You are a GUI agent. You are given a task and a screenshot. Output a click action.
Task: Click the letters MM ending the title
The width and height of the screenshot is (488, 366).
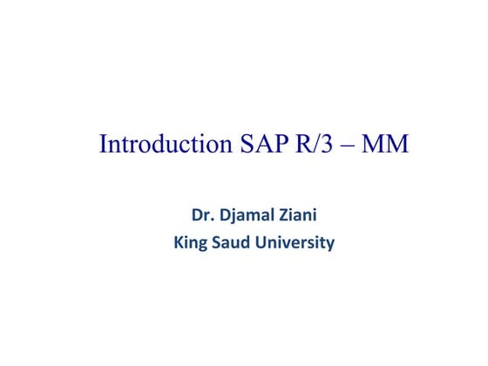point(384,144)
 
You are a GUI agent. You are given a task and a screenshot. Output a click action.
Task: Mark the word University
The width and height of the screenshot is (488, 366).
point(295,243)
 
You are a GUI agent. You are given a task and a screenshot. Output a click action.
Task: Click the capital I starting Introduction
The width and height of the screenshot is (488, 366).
point(103,144)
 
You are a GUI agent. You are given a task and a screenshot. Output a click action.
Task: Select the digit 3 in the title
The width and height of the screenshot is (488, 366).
point(324,144)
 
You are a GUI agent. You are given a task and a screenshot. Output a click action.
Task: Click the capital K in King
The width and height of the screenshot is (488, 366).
point(180,242)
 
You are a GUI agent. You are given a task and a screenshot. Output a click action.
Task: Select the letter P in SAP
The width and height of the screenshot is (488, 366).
point(276,144)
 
